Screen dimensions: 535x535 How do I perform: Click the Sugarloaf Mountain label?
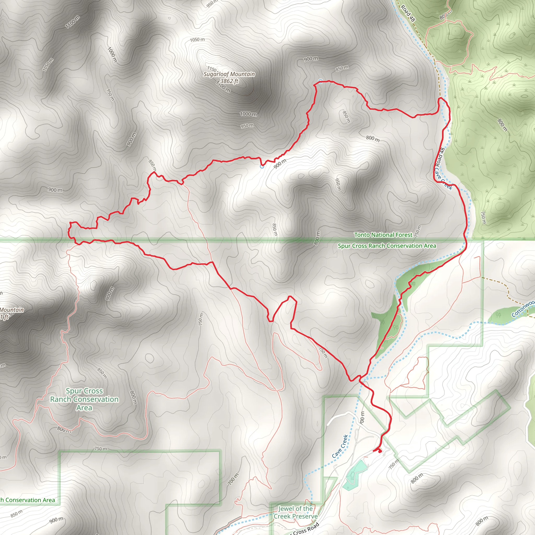click(229, 74)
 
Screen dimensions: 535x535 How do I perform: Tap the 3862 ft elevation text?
click(229, 81)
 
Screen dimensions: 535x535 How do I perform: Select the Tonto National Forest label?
click(383, 235)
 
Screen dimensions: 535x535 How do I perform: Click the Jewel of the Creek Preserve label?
click(295, 512)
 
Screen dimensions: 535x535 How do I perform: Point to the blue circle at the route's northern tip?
click(320, 81)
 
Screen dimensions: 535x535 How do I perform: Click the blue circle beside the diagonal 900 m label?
click(262, 166)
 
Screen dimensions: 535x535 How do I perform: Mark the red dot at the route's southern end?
click(380, 451)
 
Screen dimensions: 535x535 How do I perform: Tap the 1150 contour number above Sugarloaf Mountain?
click(212, 68)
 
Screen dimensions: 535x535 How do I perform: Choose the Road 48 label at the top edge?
click(408, 13)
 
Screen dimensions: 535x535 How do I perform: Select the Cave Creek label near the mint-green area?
click(340, 446)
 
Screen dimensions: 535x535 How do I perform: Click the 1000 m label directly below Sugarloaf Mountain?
click(248, 114)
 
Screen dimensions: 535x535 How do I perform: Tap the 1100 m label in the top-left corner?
click(73, 22)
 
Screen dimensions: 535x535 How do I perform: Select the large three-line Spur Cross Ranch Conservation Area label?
click(84, 399)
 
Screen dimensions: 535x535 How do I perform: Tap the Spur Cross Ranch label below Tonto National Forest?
click(387, 246)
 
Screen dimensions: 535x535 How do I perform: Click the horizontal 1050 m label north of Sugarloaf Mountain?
click(197, 40)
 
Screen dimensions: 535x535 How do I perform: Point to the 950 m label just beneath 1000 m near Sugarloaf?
click(247, 126)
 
